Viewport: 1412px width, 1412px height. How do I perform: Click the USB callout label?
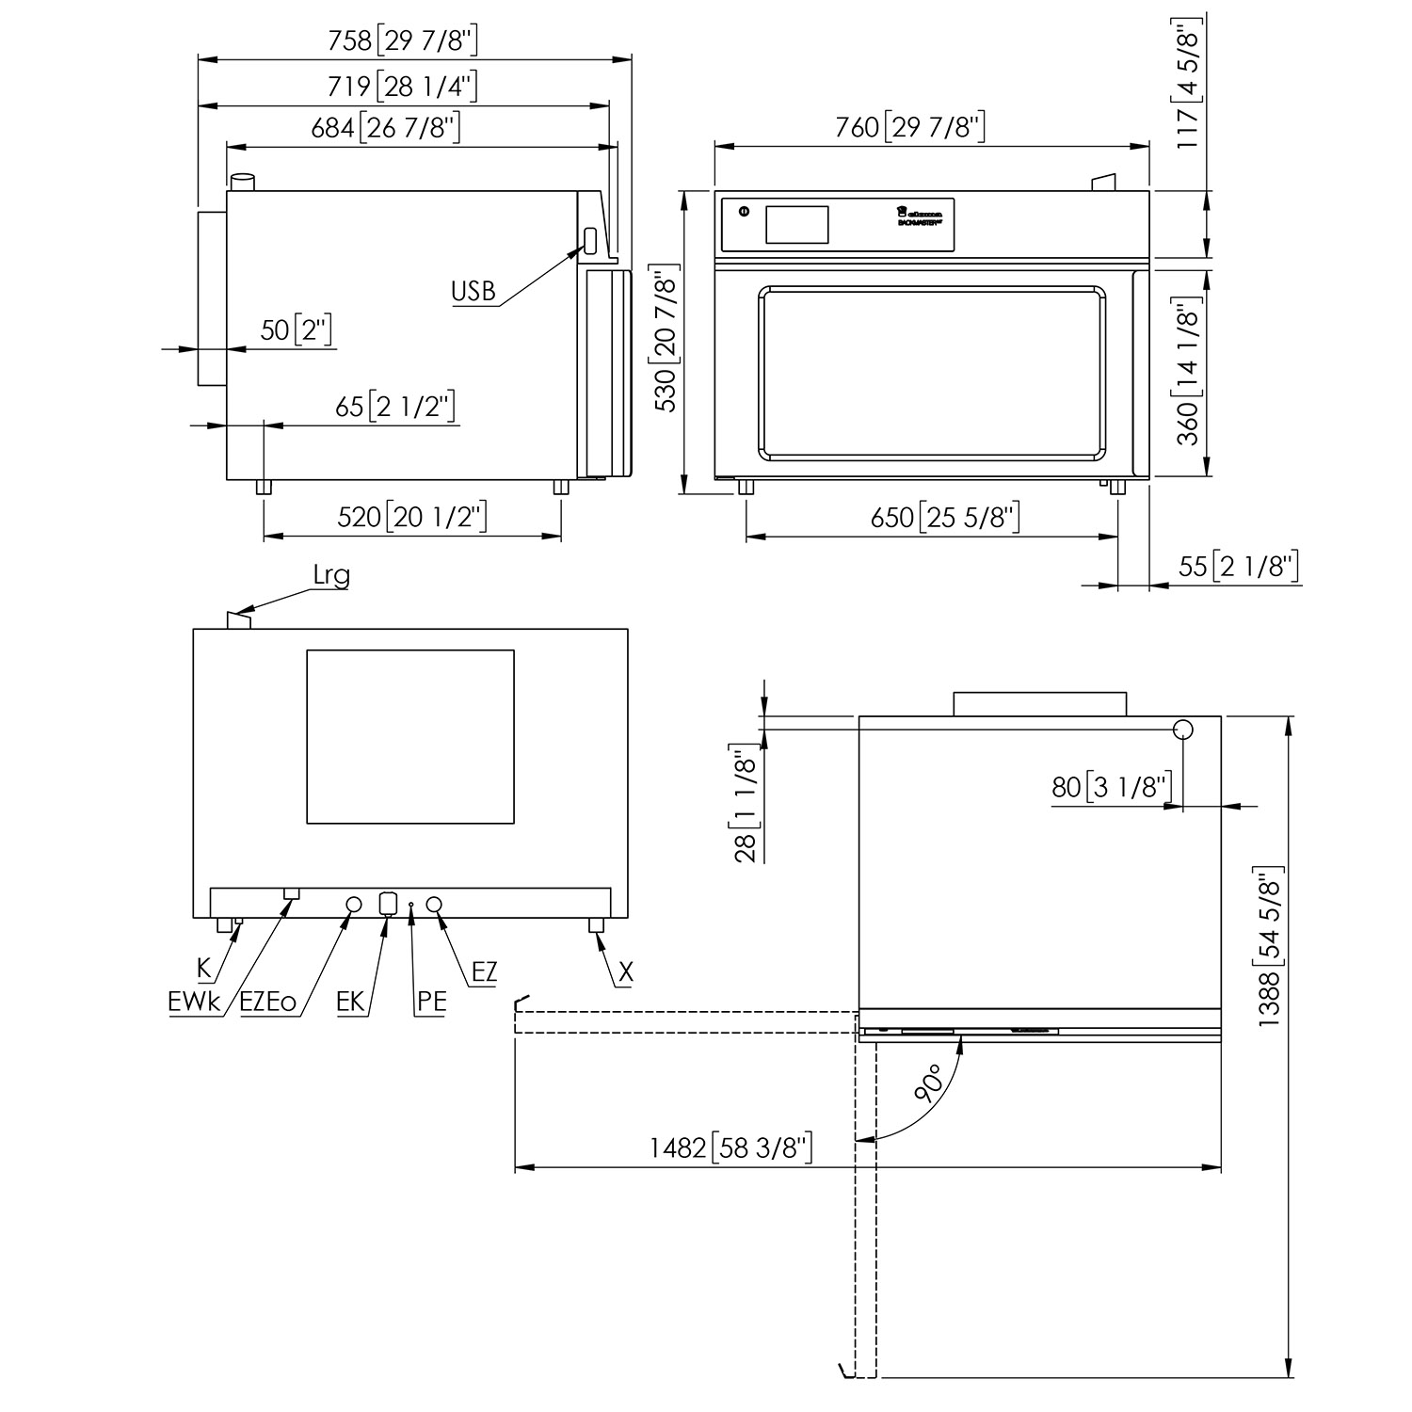[x=473, y=291]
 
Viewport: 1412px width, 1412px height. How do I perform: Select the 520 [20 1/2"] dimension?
[x=411, y=517]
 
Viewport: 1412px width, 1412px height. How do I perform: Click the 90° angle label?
[x=930, y=1083]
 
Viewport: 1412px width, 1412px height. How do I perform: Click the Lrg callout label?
[x=330, y=576]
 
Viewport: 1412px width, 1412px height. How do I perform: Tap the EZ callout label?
[x=484, y=971]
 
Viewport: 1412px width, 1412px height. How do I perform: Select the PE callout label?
[x=431, y=1002]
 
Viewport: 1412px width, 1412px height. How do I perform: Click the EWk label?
[x=194, y=1003]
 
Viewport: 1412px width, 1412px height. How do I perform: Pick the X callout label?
[x=625, y=972]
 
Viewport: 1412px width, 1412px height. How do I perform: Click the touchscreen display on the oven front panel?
[x=796, y=225]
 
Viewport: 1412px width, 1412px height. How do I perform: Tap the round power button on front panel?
[x=745, y=212]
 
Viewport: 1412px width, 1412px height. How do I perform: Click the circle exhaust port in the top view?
[x=1183, y=730]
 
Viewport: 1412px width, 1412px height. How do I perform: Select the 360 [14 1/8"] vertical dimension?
[x=1189, y=371]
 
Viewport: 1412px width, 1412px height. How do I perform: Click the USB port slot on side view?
[x=590, y=240]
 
